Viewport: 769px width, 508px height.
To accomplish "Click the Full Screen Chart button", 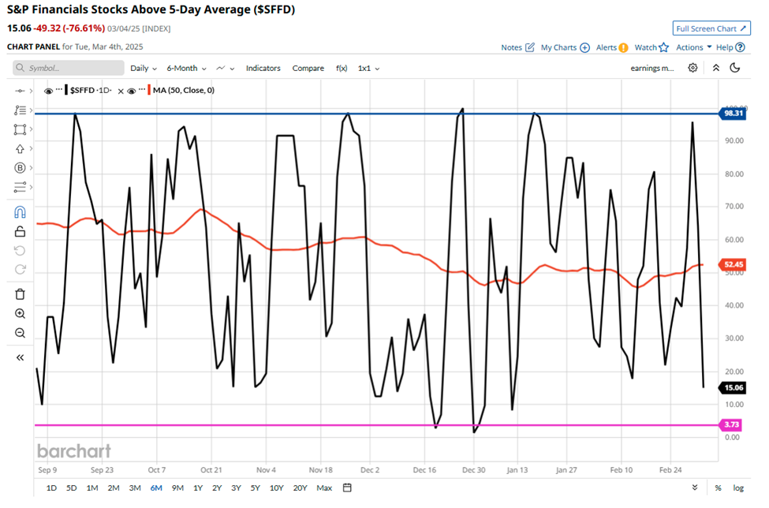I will tap(711, 28).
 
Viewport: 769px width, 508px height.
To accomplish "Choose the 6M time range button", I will tap(156, 487).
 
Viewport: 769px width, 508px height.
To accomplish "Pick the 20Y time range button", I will tap(300, 487).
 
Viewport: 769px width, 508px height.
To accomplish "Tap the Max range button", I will tap(324, 487).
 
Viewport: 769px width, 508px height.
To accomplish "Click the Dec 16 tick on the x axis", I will tap(424, 469).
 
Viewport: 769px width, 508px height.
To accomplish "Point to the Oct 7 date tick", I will tap(156, 469).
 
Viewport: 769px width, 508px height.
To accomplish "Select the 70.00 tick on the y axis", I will tap(734, 207).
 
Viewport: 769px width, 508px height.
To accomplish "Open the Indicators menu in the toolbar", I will tap(263, 69).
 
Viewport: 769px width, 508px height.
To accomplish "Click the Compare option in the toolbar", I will tap(308, 69).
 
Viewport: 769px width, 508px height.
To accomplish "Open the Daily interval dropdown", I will tap(144, 69).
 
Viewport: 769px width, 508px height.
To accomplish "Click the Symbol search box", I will tap(69, 69).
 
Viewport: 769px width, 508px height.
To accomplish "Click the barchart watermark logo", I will tap(73, 451).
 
